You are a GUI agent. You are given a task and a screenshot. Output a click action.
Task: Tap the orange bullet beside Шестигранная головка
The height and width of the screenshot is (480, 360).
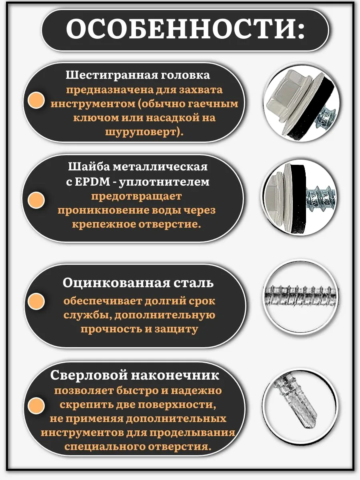click(36, 100)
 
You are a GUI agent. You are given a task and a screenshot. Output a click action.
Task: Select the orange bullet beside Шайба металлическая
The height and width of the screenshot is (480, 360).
click(36, 200)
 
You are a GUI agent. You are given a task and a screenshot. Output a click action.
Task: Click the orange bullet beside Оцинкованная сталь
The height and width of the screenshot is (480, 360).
click(36, 301)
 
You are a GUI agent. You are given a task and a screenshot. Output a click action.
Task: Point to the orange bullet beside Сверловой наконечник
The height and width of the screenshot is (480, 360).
click(36, 406)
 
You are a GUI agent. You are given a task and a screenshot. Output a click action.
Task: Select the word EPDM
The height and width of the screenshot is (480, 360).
click(92, 182)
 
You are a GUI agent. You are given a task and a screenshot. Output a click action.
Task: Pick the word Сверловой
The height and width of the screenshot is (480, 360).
click(89, 376)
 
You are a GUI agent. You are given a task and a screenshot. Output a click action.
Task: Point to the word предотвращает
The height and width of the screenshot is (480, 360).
click(136, 196)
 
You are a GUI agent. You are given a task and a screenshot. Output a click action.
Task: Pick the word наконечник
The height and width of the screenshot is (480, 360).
click(175, 376)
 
